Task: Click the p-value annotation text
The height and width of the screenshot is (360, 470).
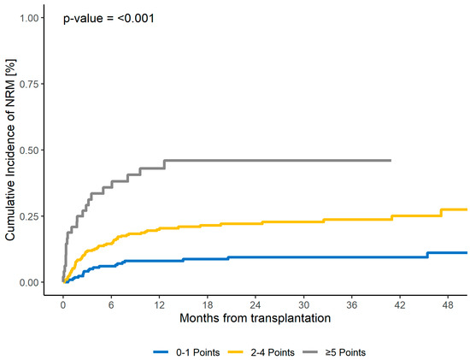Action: pyautogui.click(x=108, y=18)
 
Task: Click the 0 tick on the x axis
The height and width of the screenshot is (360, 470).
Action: pyautogui.click(x=62, y=304)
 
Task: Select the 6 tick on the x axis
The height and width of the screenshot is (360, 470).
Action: pyautogui.click(x=111, y=304)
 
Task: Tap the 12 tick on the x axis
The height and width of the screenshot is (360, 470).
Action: pyautogui.click(x=160, y=304)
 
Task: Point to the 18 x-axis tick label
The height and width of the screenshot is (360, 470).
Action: pyautogui.click(x=208, y=304)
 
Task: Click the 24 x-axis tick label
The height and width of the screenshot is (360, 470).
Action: pyautogui.click(x=256, y=304)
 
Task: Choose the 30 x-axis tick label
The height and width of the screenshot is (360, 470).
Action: pyautogui.click(x=305, y=304)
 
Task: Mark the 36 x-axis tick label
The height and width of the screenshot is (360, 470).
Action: pyautogui.click(x=354, y=304)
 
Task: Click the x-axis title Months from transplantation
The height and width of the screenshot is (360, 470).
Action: pyautogui.click(x=256, y=319)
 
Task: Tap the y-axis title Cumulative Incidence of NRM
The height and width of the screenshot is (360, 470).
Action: pyautogui.click(x=11, y=150)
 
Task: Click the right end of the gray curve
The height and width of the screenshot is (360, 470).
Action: pyautogui.click(x=391, y=160)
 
